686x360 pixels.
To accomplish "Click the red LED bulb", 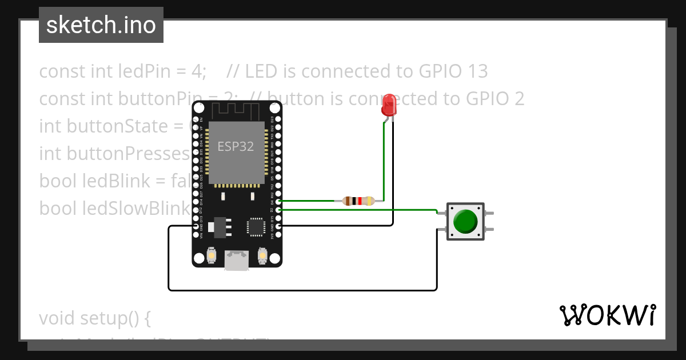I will pos(389,105).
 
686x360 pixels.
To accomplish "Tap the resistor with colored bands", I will pos(358,201).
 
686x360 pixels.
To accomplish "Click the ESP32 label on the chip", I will pos(235,146).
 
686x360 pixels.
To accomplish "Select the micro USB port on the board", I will pos(237,260).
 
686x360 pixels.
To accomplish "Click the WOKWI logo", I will pos(607,315).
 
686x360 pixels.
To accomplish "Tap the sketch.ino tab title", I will pos(101,25).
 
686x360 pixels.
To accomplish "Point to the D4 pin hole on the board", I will pos(278,201).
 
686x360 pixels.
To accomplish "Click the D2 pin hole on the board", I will pos(278,210).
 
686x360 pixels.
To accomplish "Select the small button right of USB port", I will pos(262,255).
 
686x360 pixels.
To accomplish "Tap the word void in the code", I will pos(57,318).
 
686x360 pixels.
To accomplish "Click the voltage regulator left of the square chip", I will pos(218,227).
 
